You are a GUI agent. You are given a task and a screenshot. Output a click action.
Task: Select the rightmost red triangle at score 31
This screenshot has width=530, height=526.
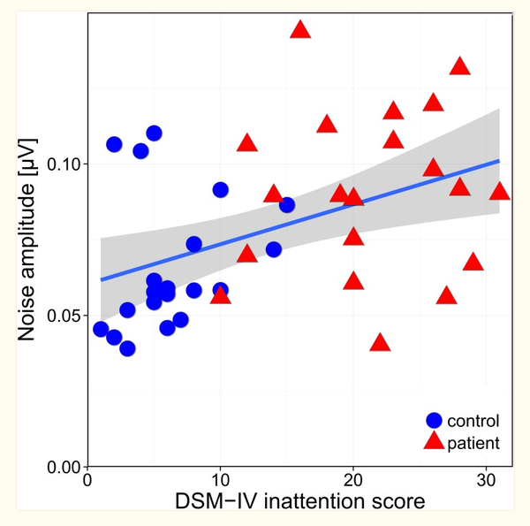[500, 192]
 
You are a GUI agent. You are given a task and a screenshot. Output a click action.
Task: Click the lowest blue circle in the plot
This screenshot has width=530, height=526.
[127, 348]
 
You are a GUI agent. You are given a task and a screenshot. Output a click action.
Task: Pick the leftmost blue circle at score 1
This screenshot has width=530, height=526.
[101, 330]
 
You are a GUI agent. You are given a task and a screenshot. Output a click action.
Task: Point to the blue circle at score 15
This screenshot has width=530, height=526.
[287, 205]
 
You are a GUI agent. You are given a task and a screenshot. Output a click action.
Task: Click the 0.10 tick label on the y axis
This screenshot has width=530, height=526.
[63, 164]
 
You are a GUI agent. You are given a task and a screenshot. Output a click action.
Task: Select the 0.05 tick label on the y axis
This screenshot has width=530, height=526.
[63, 316]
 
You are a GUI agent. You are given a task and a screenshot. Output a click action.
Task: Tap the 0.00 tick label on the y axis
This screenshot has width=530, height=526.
[63, 467]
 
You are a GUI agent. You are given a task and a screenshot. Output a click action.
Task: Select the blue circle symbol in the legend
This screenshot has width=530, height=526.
[434, 421]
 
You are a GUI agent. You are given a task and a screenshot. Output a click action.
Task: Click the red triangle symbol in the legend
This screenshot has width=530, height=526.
[434, 441]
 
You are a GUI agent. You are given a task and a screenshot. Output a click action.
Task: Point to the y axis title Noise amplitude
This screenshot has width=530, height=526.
[29, 239]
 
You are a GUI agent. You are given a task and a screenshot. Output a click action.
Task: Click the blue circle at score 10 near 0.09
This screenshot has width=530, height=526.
[220, 190]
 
